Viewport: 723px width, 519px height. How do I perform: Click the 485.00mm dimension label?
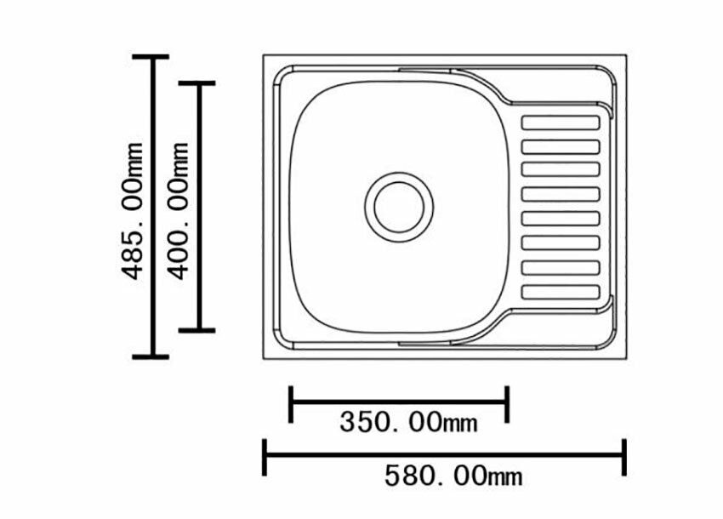(x=132, y=211)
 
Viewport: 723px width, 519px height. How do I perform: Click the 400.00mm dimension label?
(x=178, y=211)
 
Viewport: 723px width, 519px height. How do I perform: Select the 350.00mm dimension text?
(x=408, y=422)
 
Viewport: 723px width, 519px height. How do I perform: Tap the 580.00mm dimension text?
(x=453, y=476)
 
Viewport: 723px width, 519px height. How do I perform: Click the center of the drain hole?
(x=399, y=207)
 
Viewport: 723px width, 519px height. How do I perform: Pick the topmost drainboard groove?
(x=561, y=123)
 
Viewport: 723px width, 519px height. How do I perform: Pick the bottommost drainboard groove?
(x=561, y=292)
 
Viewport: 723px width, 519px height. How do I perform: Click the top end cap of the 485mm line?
(x=151, y=57)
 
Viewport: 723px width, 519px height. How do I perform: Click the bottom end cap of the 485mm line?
(x=151, y=356)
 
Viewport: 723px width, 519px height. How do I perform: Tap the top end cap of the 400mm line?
(x=196, y=83)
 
